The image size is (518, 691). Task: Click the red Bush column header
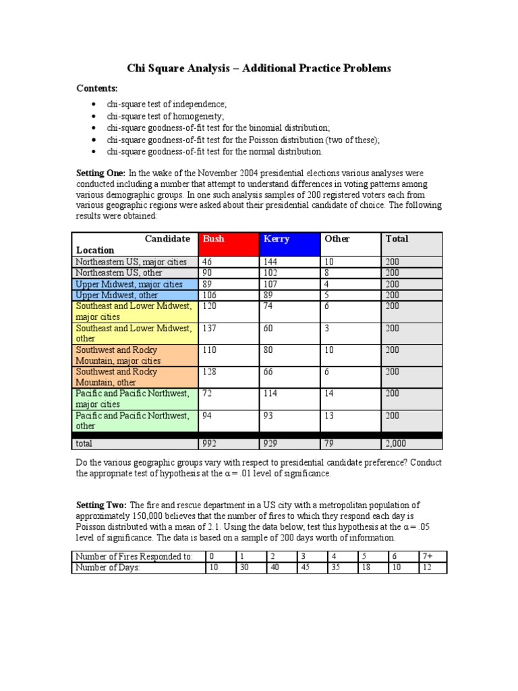point(228,244)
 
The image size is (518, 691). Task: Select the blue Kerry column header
point(290,244)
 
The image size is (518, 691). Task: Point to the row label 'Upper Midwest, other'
point(136,295)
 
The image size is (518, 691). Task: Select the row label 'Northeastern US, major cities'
point(136,262)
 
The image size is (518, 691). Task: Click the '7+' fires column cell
point(432,556)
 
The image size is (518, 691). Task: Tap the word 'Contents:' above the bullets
point(96,88)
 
